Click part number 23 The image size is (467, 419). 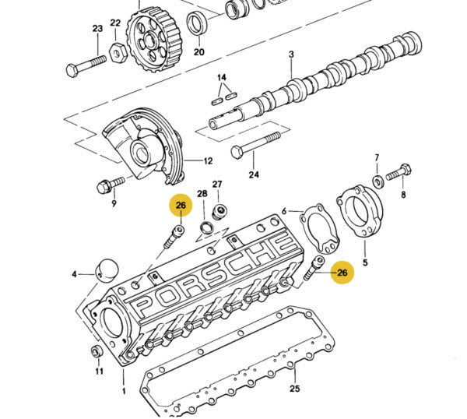[97, 29]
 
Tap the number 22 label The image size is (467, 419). [115, 23]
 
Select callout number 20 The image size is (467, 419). [198, 52]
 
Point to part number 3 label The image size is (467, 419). [290, 55]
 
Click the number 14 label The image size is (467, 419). [222, 78]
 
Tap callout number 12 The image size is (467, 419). [208, 161]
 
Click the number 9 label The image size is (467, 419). [114, 204]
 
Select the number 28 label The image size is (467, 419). [202, 194]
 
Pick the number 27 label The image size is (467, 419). [217, 185]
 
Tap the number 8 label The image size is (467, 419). [403, 195]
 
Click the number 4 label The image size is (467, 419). [75, 274]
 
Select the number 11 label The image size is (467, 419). [99, 371]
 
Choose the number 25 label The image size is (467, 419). [293, 387]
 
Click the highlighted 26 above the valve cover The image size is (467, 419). [181, 206]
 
